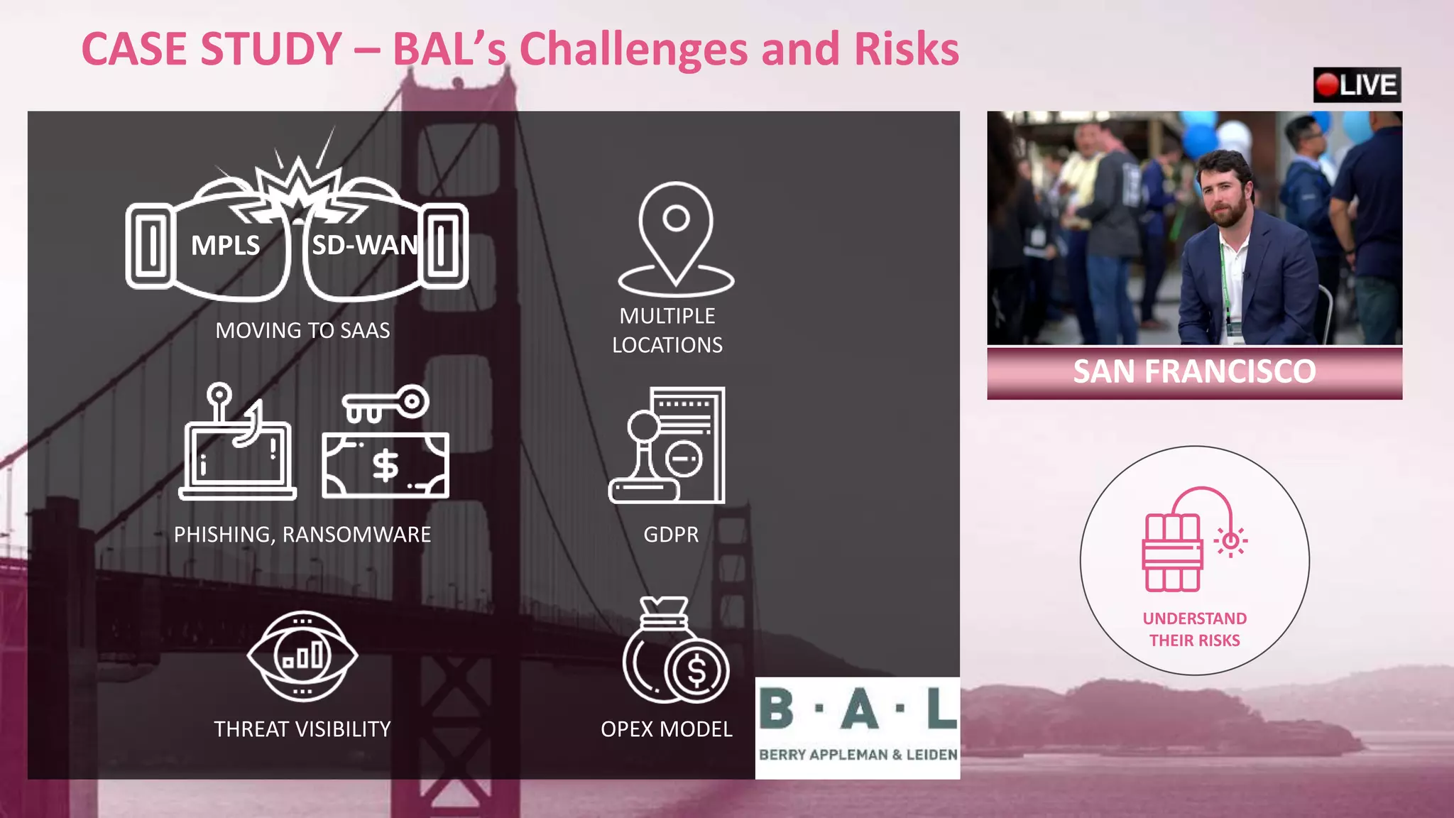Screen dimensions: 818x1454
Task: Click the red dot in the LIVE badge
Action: [x=1326, y=85]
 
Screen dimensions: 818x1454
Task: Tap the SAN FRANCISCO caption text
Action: [x=1194, y=371]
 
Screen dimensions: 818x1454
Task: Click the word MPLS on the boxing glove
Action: [x=225, y=246]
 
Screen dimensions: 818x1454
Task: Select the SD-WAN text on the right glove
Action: [x=364, y=245]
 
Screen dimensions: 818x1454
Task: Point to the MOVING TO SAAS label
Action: [x=302, y=330]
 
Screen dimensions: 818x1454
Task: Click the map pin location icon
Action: [x=676, y=239]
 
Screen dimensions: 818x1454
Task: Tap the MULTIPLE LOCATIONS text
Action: [x=667, y=330]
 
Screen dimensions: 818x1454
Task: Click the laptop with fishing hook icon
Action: [x=238, y=444]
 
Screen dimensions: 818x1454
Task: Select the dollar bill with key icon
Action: [x=386, y=444]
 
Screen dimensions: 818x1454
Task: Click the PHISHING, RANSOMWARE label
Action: [x=302, y=534]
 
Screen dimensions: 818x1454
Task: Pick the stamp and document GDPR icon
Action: [x=667, y=445]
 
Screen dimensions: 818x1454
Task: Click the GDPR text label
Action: [x=671, y=534]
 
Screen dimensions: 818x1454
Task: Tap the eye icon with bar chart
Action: [x=302, y=655]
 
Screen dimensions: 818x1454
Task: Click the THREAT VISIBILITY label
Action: [x=302, y=729]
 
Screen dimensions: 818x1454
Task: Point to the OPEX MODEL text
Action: [x=666, y=729]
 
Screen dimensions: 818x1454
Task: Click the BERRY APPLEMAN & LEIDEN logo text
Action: [x=858, y=754]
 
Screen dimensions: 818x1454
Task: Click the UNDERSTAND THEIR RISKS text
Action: [x=1194, y=629]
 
